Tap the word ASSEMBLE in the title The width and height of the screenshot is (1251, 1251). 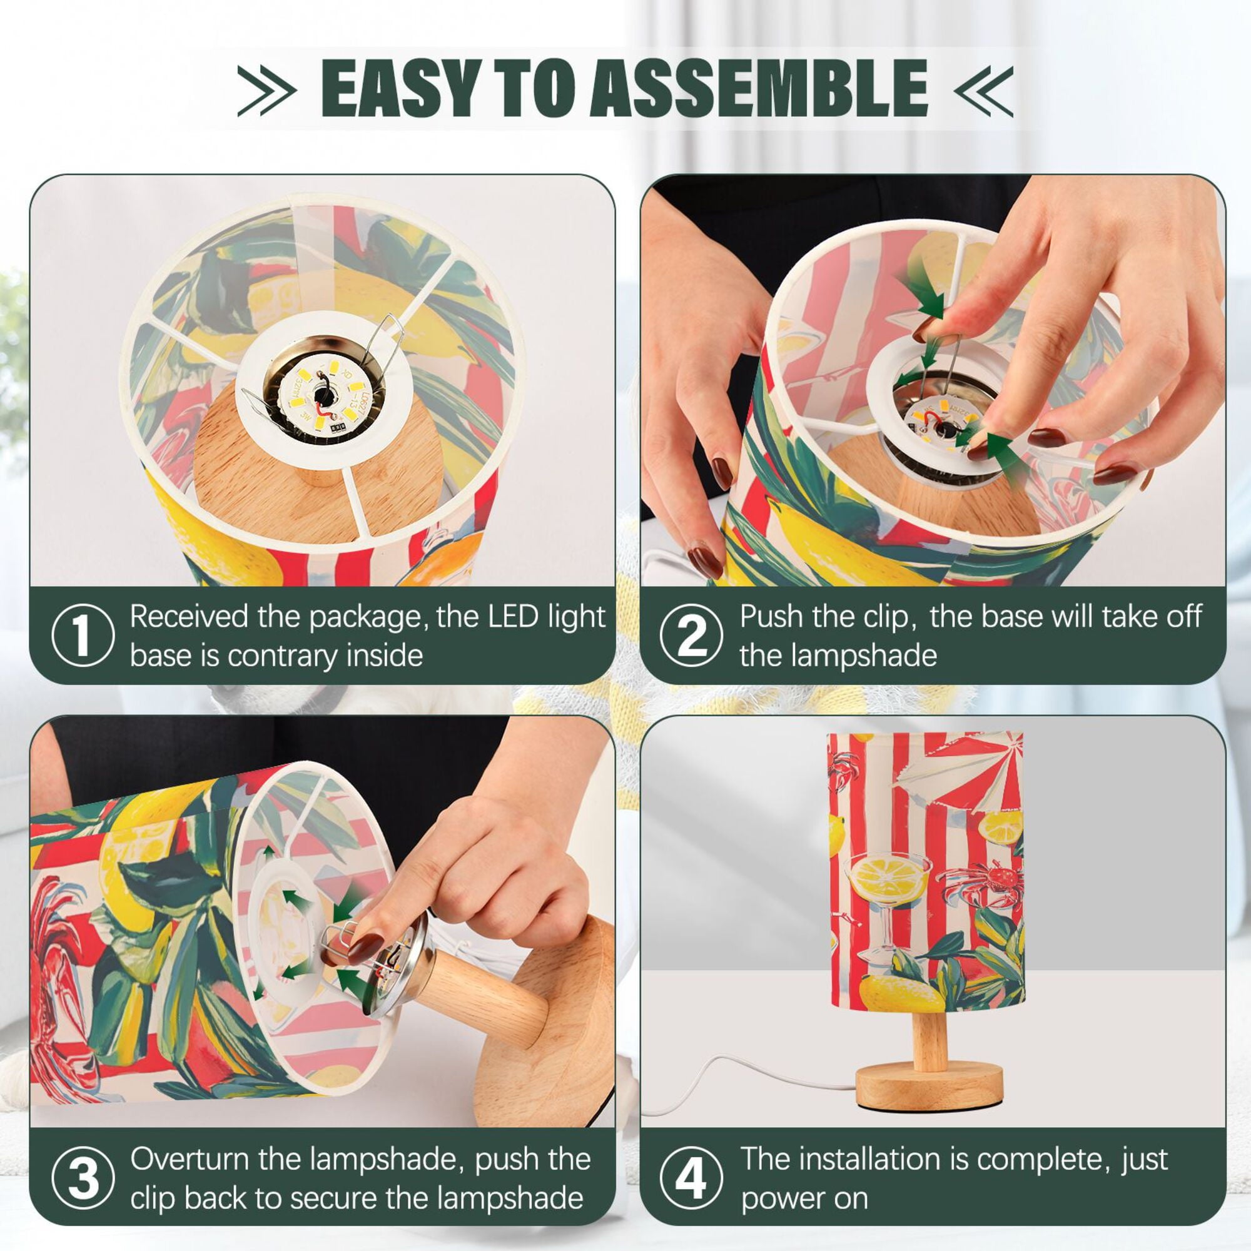point(758,88)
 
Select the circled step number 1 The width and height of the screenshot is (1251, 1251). point(82,636)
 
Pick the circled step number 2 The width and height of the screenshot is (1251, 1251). point(692,636)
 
